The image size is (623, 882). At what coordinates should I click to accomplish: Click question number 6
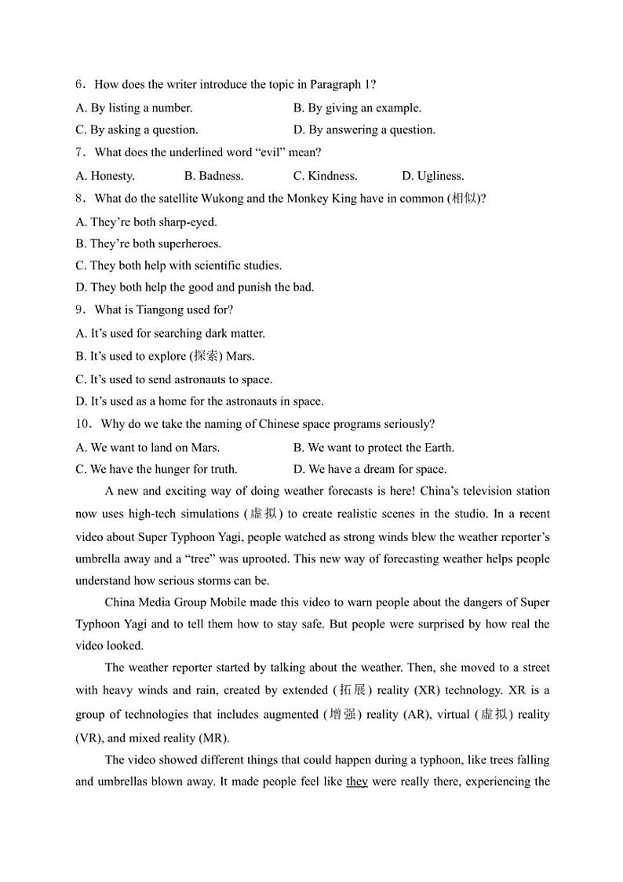point(80,85)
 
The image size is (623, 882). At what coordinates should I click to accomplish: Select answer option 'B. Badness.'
point(213,176)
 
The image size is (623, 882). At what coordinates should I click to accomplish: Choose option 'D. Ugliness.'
point(432,176)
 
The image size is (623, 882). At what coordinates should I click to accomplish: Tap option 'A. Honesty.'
point(105,176)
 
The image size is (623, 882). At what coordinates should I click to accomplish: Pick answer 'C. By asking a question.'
point(137,130)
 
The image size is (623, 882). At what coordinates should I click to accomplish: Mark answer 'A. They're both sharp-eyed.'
point(146,221)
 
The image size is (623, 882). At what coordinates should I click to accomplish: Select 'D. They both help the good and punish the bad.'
point(195,287)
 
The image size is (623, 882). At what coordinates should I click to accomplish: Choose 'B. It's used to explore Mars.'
point(165,356)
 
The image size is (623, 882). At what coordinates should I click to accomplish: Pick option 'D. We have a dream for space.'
point(370,469)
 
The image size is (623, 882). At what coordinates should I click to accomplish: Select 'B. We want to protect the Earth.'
point(373,447)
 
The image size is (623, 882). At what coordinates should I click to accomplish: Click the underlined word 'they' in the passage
point(357,782)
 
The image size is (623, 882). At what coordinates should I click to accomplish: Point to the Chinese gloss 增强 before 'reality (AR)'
point(342,715)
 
